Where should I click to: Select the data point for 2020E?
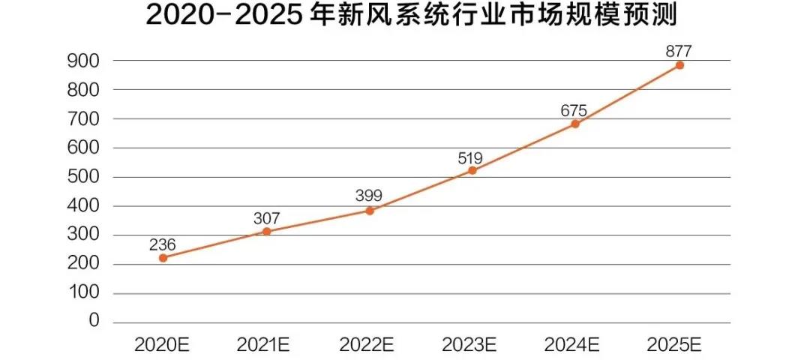(163, 258)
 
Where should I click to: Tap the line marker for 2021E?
(266, 232)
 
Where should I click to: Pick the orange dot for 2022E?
(370, 211)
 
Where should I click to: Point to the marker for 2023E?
(472, 170)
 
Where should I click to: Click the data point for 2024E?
(575, 124)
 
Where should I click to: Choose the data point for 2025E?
(679, 65)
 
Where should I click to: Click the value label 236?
(163, 244)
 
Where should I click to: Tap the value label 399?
(370, 196)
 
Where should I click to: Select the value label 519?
(470, 157)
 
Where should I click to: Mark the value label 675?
(574, 110)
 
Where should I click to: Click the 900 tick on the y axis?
(84, 60)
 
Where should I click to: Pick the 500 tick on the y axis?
(84, 177)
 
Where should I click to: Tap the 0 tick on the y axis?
(94, 321)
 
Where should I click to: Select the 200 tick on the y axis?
(84, 264)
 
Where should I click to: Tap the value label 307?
(266, 218)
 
